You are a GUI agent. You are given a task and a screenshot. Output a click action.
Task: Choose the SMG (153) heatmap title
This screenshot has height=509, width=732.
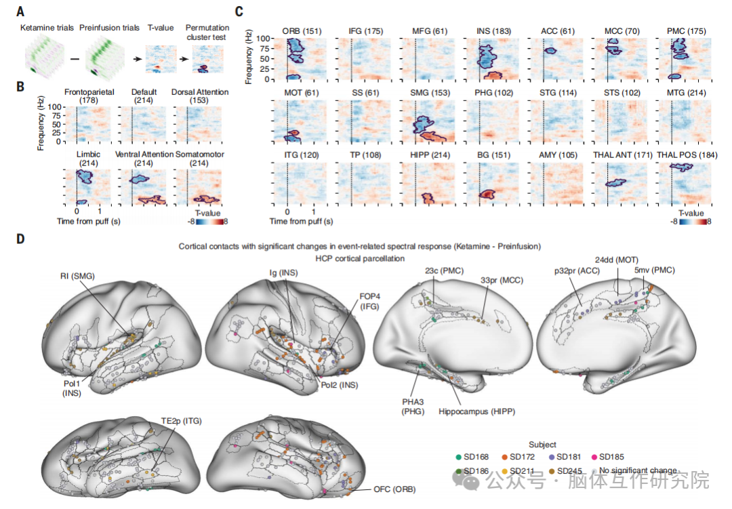click(425, 93)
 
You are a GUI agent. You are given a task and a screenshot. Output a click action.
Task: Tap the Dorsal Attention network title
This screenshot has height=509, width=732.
click(200, 92)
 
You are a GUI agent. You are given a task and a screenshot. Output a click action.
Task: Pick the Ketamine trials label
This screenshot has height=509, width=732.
click(46, 28)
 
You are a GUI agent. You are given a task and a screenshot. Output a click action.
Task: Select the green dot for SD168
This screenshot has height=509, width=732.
click(458, 456)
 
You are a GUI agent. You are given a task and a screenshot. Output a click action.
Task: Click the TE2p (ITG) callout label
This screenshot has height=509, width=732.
click(180, 421)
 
